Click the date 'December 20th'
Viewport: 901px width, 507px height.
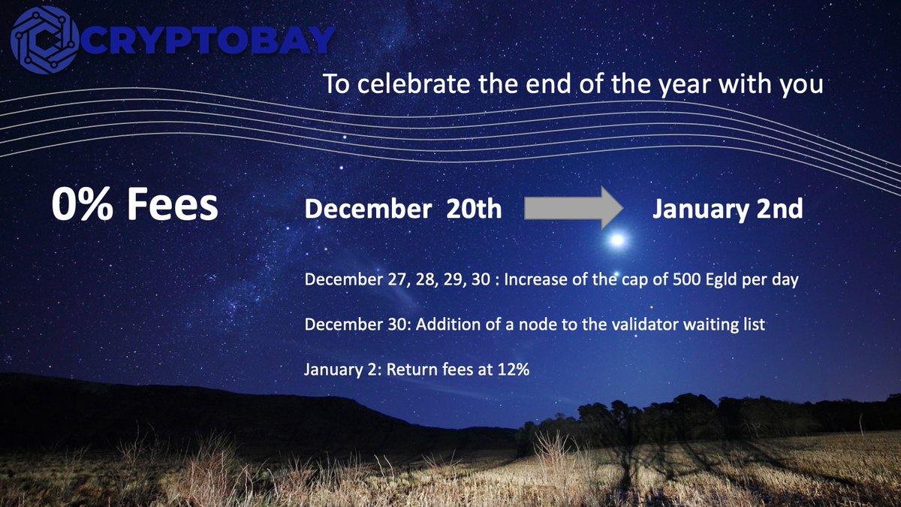click(402, 209)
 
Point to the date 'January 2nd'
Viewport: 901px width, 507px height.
click(727, 209)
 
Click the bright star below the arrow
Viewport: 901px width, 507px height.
click(617, 240)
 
